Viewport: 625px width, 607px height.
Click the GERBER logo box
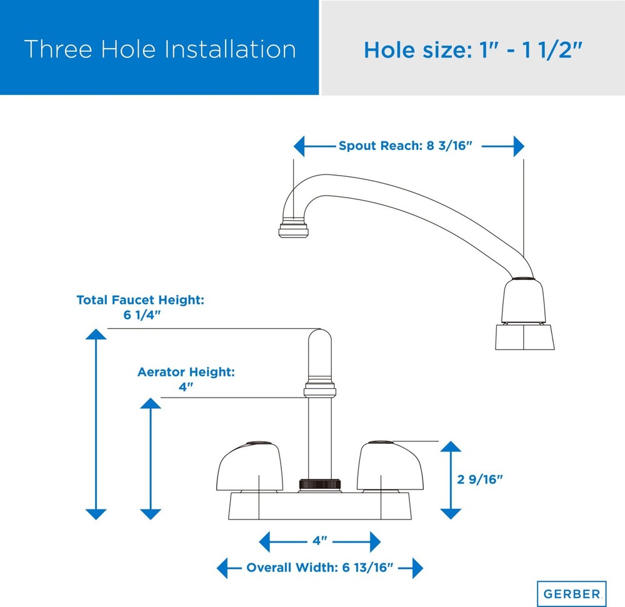[572, 593]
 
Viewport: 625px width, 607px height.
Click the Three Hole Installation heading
[160, 49]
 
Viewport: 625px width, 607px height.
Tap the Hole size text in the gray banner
[473, 50]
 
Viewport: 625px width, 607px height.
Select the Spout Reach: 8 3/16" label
[406, 146]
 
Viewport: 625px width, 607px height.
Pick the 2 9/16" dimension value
[480, 479]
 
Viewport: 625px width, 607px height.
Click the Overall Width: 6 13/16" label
[320, 567]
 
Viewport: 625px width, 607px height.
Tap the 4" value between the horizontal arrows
[319, 541]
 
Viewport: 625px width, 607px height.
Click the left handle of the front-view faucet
[249, 466]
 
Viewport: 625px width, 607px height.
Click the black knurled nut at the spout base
[319, 484]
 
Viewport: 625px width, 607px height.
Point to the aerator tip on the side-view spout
[293, 231]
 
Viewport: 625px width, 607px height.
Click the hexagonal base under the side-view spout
[524, 337]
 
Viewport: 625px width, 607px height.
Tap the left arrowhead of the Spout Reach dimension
[299, 146]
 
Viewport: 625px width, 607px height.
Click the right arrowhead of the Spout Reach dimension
[519, 146]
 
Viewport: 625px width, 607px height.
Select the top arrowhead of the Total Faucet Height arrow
[96, 334]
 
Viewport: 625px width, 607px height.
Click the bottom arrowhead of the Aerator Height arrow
[151, 514]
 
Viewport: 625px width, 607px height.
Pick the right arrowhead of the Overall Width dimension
[417, 568]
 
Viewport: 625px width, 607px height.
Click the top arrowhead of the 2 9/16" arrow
[451, 446]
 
